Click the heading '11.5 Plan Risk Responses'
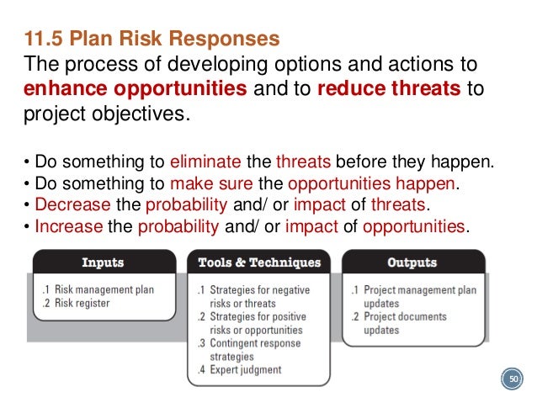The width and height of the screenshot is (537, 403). click(152, 40)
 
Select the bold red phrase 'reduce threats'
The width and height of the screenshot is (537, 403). click(390, 89)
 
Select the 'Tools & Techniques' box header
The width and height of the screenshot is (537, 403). click(259, 262)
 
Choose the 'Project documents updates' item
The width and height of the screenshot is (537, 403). click(407, 323)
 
